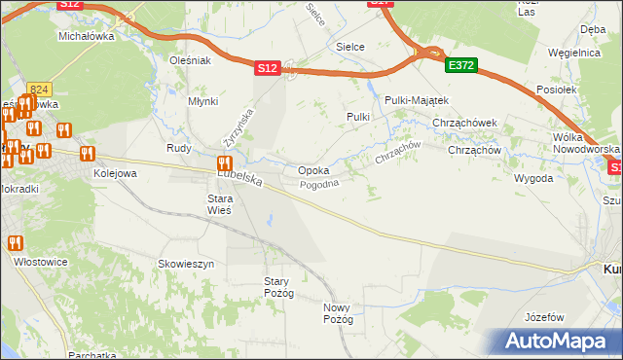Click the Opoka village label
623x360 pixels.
[x=312, y=170]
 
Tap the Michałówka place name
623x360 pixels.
[x=87, y=35]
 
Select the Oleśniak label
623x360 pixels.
[x=190, y=60]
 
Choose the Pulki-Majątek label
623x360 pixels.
[x=416, y=100]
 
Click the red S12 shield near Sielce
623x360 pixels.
[x=269, y=68]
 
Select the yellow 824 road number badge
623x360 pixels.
[x=39, y=89]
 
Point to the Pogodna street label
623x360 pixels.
[x=318, y=185]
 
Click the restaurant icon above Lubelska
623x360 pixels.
[x=224, y=163]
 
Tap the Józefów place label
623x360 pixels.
[x=544, y=317]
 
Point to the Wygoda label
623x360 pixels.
[x=533, y=179]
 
